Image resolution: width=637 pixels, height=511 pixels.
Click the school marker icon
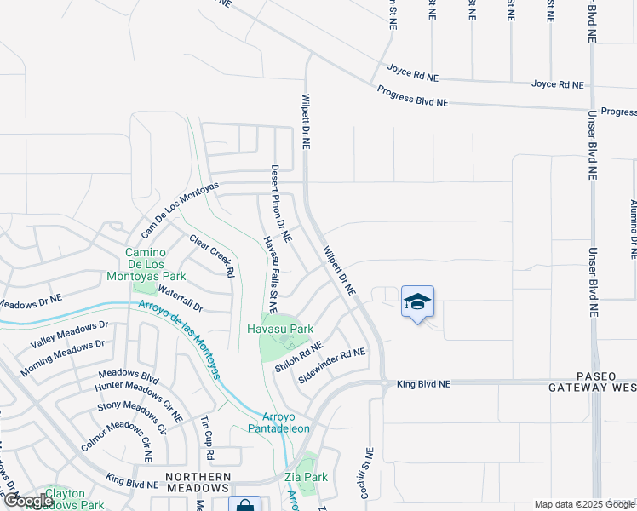[417, 302]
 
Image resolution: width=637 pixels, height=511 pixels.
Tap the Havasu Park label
[280, 329]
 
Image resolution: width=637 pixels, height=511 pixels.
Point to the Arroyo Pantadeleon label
[273, 422]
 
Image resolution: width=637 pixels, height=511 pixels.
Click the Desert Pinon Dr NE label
[281, 202]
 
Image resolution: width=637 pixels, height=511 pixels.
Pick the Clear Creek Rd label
[211, 255]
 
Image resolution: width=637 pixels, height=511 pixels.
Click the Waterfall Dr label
[180, 300]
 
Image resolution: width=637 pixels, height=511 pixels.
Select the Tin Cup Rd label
[205, 433]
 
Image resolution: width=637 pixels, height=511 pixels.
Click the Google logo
[27, 501]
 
